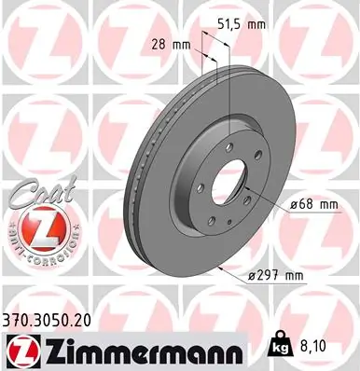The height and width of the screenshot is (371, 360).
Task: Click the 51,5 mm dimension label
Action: [x=242, y=23]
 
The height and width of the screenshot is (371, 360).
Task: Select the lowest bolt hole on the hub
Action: [x=213, y=220]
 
